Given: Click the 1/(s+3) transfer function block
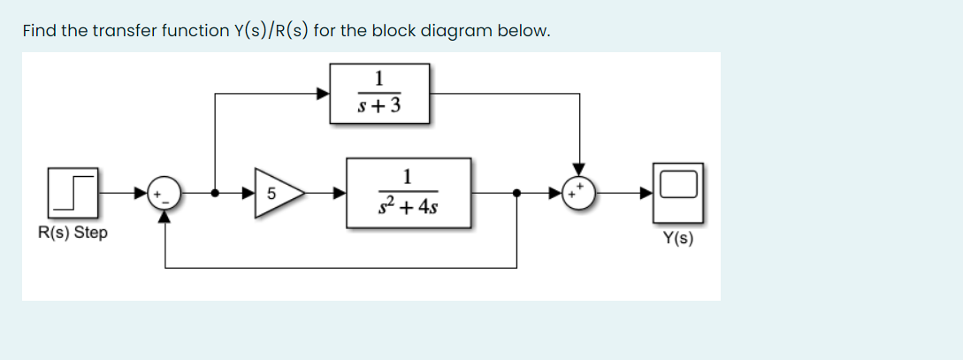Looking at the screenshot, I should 379,93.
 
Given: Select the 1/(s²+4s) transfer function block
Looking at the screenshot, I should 407,193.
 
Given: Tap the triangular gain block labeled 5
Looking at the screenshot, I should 276,192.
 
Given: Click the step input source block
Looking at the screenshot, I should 73,193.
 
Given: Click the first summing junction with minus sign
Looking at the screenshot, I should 165,193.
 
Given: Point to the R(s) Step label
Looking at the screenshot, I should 73,234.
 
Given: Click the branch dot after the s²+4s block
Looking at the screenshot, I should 516,192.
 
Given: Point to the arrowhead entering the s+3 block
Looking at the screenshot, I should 325,92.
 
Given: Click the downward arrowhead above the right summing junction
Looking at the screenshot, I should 579,169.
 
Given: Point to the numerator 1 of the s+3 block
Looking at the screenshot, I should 379,77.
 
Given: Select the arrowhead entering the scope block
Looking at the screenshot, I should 647,192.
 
